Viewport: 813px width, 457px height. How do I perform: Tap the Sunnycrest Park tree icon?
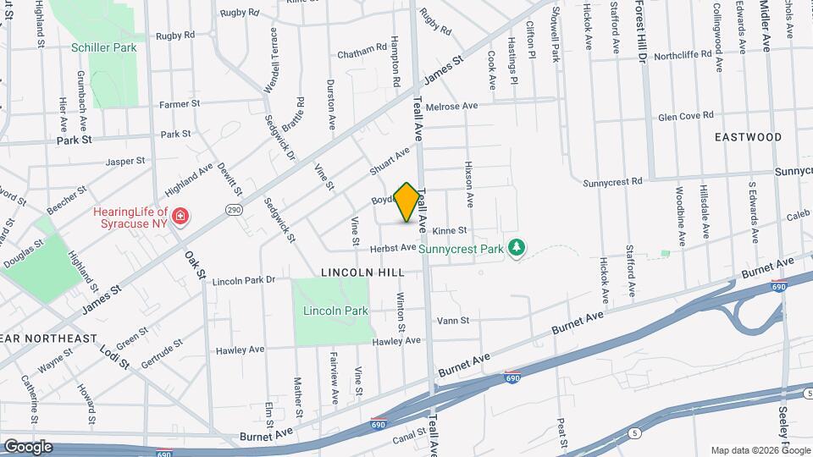click(x=516, y=247)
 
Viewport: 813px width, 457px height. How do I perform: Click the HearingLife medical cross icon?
click(x=179, y=218)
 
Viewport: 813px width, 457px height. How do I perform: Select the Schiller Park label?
click(x=104, y=48)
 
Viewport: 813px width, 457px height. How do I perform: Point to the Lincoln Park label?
click(x=335, y=311)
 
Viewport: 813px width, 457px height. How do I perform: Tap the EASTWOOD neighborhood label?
click(x=748, y=136)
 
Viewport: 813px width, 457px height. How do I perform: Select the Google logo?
click(x=28, y=447)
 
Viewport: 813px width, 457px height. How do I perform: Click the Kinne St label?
click(x=450, y=230)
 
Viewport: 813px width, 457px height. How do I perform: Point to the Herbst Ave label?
click(x=393, y=248)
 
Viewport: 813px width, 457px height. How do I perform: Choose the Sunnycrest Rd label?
click(x=613, y=181)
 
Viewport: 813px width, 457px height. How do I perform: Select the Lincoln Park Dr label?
click(x=244, y=280)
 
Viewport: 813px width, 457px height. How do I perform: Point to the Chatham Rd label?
click(x=362, y=52)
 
